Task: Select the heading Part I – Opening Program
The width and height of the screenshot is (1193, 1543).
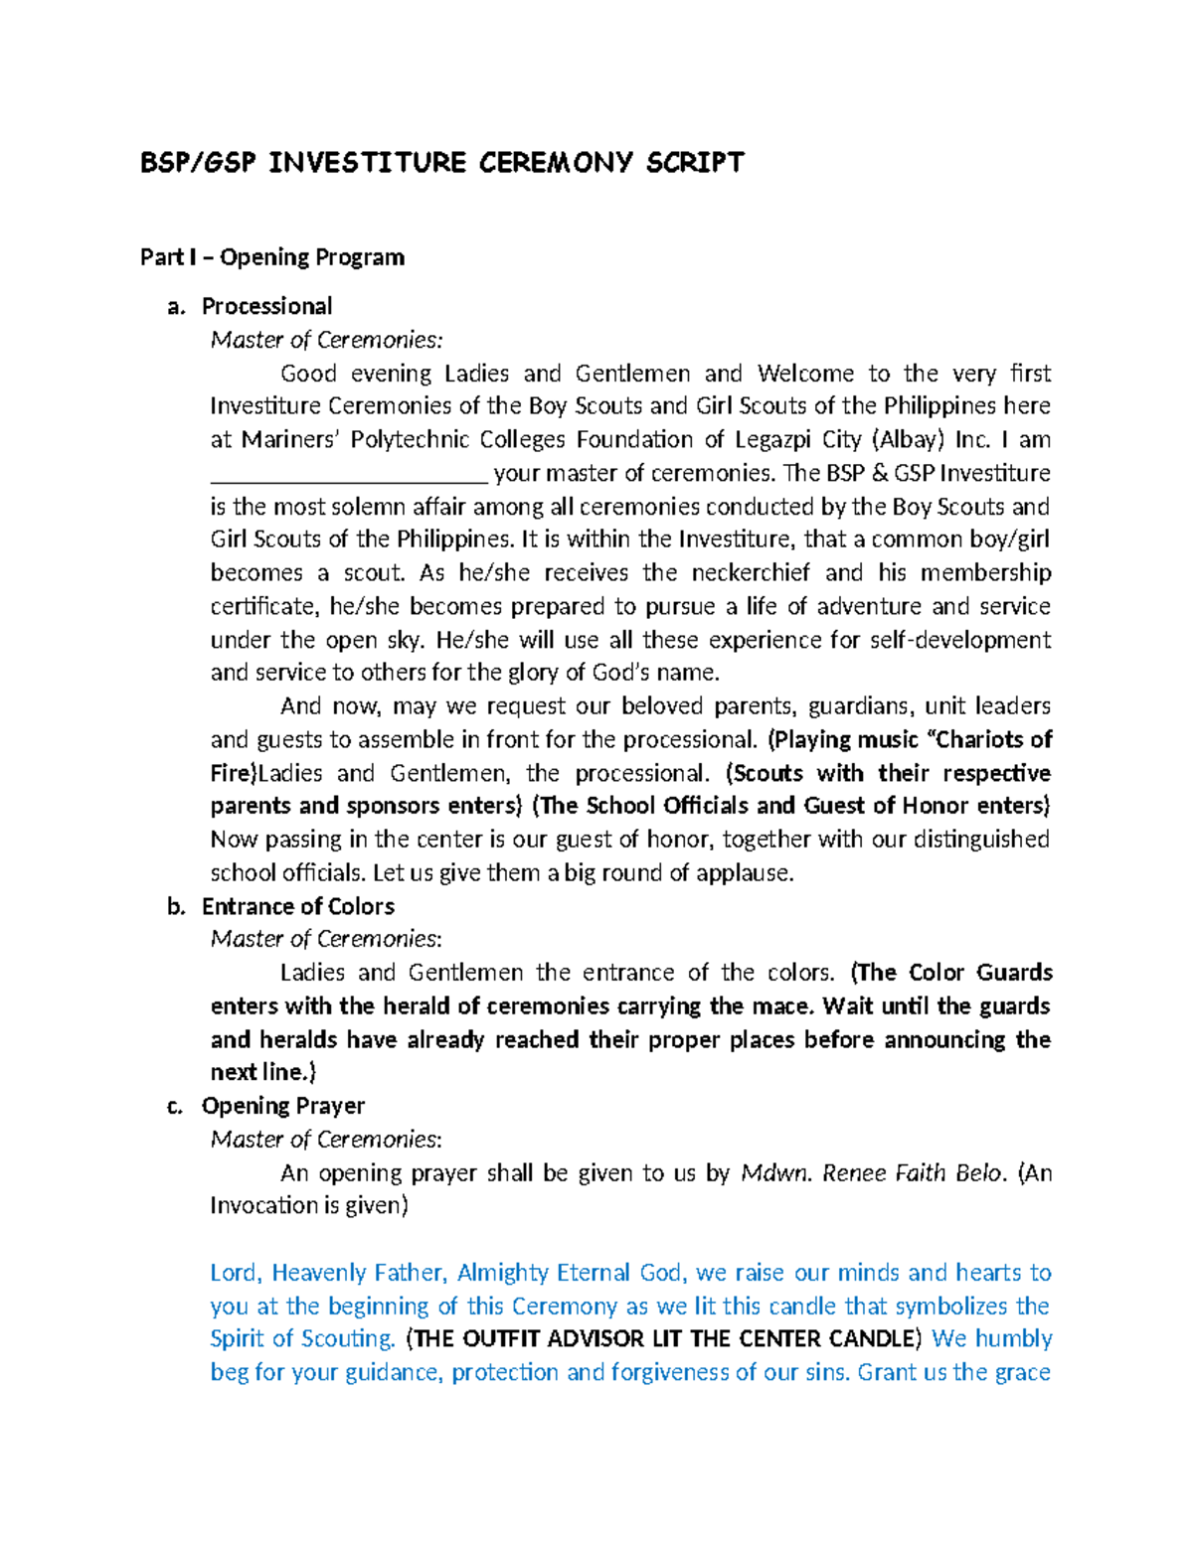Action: tap(271, 257)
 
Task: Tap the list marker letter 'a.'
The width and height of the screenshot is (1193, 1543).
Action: tap(176, 307)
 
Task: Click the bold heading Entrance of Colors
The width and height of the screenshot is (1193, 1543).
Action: tap(297, 906)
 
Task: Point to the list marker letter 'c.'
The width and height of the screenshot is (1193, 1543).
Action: tap(176, 1106)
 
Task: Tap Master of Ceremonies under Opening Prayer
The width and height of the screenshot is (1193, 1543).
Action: tap(326, 1140)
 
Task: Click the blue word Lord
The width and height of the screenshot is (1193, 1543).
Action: tap(236, 1273)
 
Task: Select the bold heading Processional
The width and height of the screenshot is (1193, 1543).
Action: tap(266, 307)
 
